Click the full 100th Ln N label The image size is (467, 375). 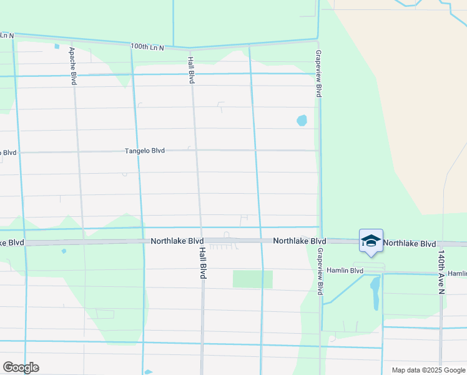click(147, 47)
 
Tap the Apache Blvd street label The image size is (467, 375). click(73, 66)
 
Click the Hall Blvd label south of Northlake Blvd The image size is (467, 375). click(202, 262)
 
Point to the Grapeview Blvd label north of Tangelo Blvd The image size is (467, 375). click(318, 73)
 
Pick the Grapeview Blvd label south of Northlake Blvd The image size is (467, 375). click(320, 271)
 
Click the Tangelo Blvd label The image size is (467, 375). click(145, 151)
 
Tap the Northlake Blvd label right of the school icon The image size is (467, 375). click(410, 242)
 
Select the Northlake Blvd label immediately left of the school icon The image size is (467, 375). click(300, 241)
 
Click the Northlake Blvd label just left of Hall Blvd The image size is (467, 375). click(177, 241)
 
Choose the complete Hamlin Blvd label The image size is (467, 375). click(345, 271)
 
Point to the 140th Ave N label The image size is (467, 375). click(441, 272)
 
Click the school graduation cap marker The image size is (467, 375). click(371, 241)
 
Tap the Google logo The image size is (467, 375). click(21, 367)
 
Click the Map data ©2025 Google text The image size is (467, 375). click(428, 370)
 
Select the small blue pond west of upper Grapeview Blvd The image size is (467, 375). click(302, 119)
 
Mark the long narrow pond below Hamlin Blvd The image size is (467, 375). click(375, 293)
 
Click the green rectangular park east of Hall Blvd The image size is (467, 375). click(253, 279)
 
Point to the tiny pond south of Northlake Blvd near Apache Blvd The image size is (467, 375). click(64, 251)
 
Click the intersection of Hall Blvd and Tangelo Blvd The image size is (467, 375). click(195, 150)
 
